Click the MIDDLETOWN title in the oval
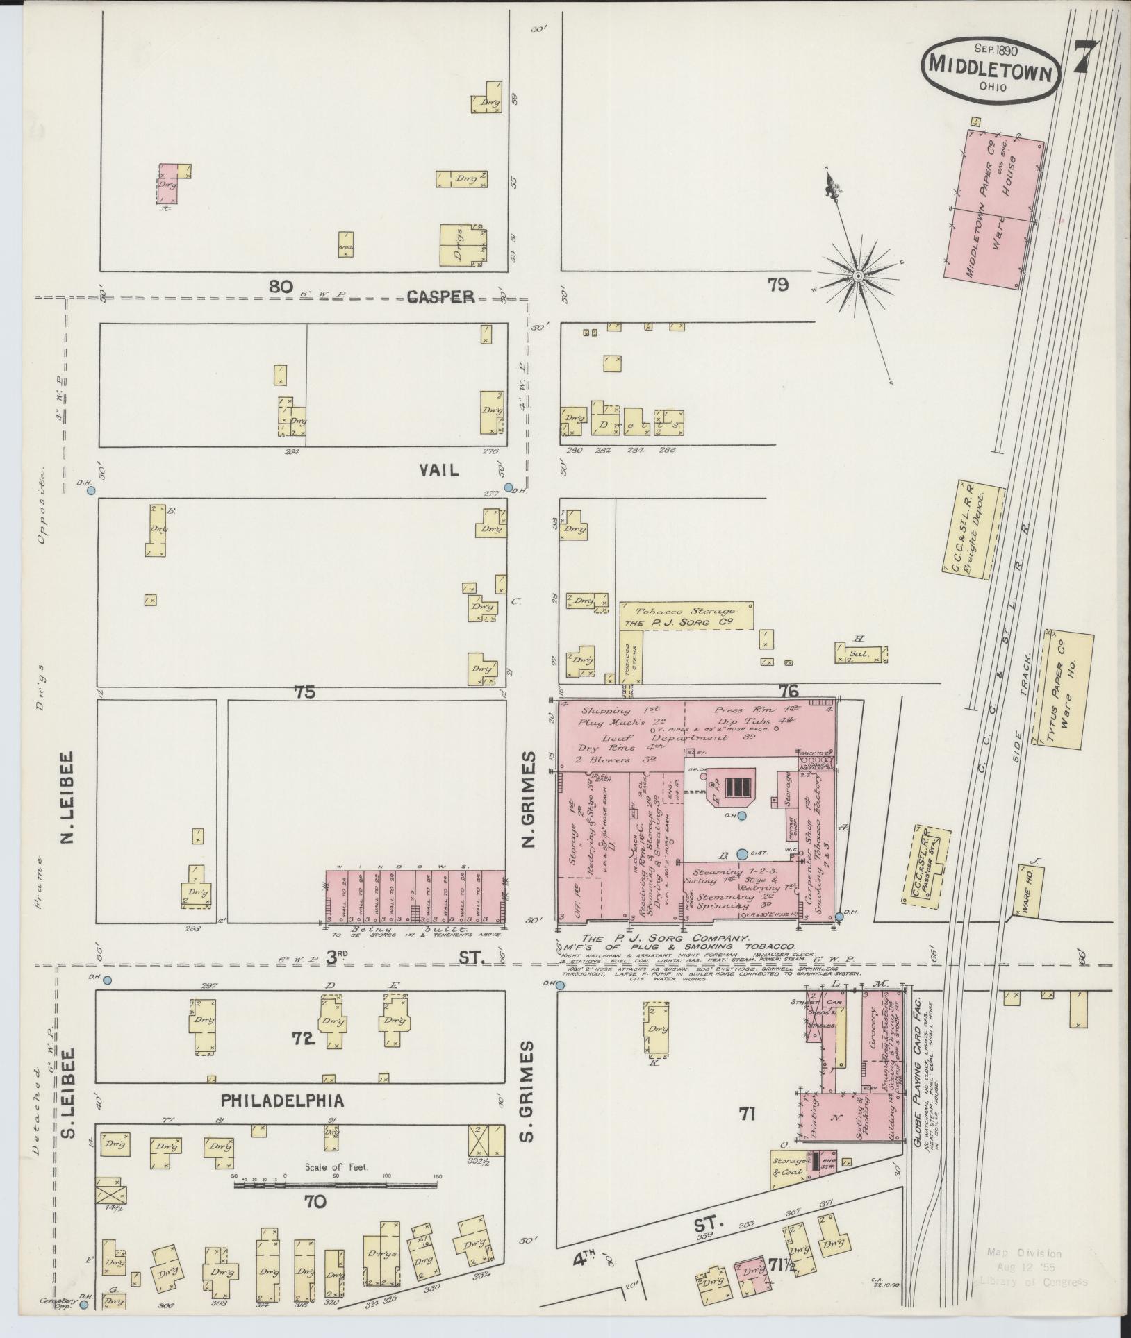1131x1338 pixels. pyautogui.click(x=990, y=69)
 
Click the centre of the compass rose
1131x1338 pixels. pyautogui.click(x=858, y=276)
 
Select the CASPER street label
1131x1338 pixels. pyautogui.click(x=440, y=297)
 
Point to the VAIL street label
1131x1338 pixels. pyautogui.click(x=438, y=470)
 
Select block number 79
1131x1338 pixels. pyautogui.click(x=777, y=285)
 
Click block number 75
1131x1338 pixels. pyautogui.click(x=304, y=692)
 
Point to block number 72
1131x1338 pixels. pyautogui.click(x=304, y=1059)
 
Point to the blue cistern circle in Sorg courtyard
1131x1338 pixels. pyautogui.click(x=743, y=853)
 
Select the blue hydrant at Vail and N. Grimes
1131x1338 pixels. pyautogui.click(x=509, y=487)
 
